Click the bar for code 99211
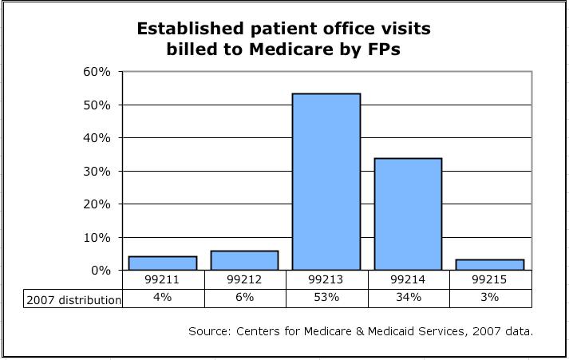(x=164, y=263)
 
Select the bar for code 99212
(x=245, y=260)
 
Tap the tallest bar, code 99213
(x=326, y=182)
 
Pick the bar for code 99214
(x=408, y=214)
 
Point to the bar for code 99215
(x=490, y=264)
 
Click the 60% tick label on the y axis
(x=98, y=72)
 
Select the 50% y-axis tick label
(x=98, y=105)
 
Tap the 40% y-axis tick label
(x=98, y=138)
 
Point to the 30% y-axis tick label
(x=98, y=171)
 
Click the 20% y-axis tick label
(x=98, y=204)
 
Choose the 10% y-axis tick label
(x=98, y=237)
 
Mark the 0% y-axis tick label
(x=101, y=271)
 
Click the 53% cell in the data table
(x=326, y=298)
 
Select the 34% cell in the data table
(x=408, y=298)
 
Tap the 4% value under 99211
(x=164, y=298)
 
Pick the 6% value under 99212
(x=245, y=298)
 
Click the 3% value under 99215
(x=490, y=298)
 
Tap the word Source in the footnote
(x=209, y=330)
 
